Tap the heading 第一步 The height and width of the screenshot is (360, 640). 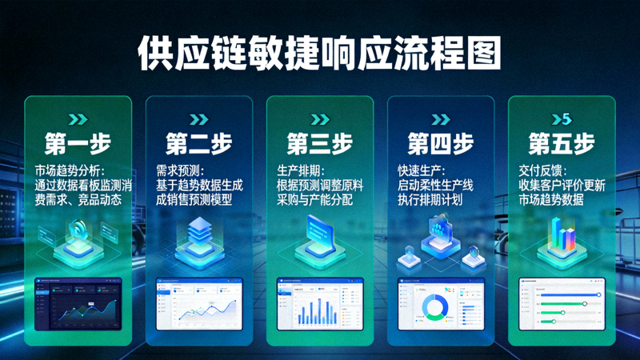tap(78, 145)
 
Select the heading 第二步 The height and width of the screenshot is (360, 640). tap(198, 145)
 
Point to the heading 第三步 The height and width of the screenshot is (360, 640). tap(319, 145)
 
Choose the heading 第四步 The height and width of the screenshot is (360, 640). tap(440, 145)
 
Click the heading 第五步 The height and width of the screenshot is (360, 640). tap(561, 145)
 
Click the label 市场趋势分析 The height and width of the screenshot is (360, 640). tap(66, 171)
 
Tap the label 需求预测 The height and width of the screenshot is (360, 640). tap(180, 171)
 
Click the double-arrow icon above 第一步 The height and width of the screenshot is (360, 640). tap(78, 120)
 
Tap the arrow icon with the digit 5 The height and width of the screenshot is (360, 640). tap(561, 120)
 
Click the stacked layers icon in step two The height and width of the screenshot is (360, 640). tap(198, 234)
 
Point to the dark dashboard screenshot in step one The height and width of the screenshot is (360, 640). tap(78, 303)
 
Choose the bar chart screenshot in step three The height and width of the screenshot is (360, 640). tap(319, 303)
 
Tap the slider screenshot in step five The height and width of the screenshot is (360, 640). tap(561, 303)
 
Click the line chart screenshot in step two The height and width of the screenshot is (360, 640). tap(198, 303)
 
